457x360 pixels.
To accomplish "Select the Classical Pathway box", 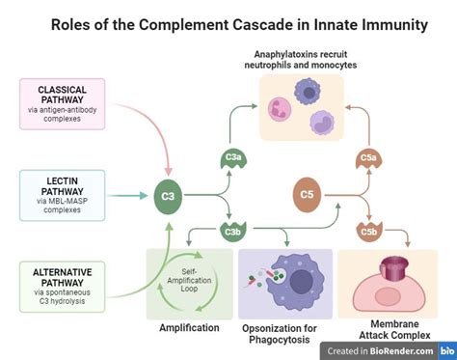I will tap(63, 103).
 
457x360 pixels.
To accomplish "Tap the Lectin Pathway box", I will tap(63, 195).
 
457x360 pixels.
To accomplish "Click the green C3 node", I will tap(168, 196).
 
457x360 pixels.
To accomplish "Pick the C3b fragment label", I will tap(232, 232).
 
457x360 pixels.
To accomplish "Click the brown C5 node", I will tap(307, 196).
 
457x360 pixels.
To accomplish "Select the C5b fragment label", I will tap(368, 232).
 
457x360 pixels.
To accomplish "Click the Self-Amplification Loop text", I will tap(190, 282).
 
